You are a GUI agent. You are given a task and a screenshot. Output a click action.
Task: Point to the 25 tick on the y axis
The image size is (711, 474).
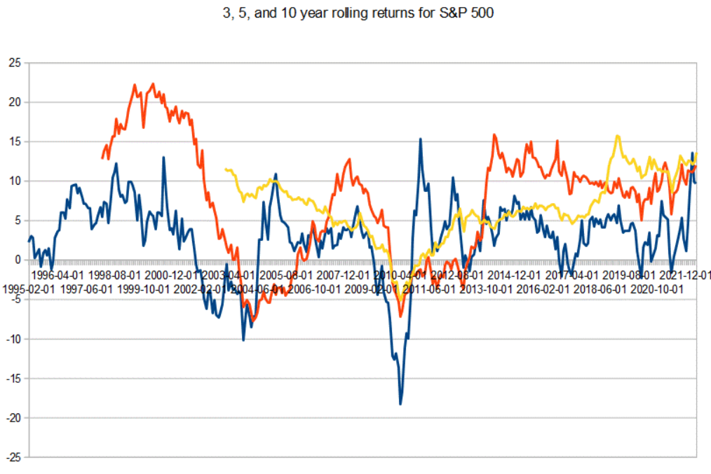coord(15,63)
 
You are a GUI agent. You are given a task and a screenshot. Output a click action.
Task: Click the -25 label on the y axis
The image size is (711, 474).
coord(13,457)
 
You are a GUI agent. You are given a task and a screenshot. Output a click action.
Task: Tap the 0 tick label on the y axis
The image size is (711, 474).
coord(18,260)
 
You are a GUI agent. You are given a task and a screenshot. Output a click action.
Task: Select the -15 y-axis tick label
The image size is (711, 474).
coord(13,379)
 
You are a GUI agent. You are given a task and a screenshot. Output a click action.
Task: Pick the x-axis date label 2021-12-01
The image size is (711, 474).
coord(685,276)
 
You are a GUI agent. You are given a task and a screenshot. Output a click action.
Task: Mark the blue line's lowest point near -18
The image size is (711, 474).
coord(400,404)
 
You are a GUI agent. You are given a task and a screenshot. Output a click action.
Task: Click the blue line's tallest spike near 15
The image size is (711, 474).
coord(421,139)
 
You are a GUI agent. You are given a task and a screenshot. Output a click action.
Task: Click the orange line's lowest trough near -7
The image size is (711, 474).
coord(400,316)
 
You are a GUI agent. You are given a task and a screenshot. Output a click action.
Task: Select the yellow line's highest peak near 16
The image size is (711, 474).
coord(618,136)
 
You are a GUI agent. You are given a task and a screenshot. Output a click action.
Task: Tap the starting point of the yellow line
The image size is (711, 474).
coord(224,169)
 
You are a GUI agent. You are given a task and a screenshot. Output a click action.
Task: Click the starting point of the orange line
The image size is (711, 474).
coord(102,158)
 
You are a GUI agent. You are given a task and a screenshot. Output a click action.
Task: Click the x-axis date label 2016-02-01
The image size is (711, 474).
coord(543,288)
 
